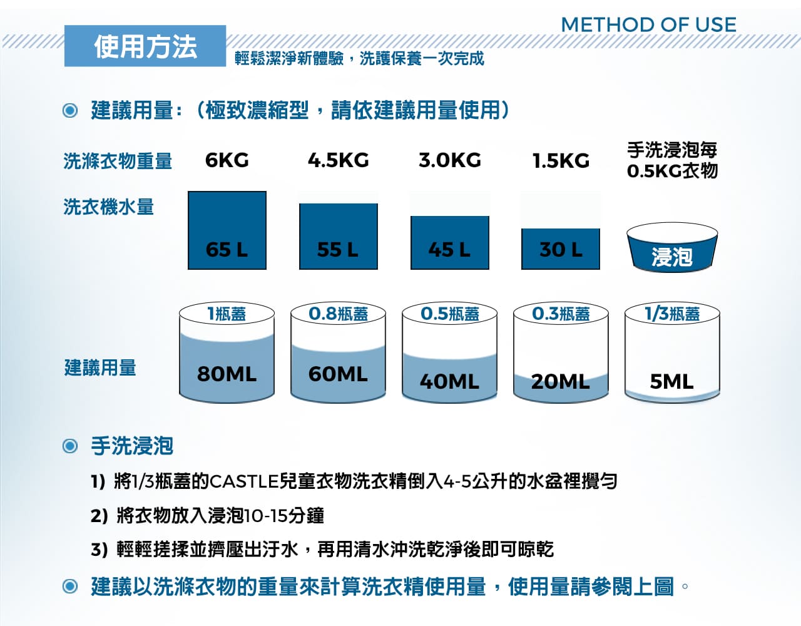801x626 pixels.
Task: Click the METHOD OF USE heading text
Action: (648, 24)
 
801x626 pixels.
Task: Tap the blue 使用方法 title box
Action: (145, 46)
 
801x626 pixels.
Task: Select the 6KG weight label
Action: (227, 160)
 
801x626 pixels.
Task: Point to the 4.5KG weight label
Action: (339, 160)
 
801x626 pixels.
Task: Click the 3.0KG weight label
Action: (450, 160)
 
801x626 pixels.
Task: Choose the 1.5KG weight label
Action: (561, 161)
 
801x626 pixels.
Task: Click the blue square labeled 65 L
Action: (227, 230)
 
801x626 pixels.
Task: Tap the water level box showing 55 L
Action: (339, 237)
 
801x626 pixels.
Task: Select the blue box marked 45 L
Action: (450, 243)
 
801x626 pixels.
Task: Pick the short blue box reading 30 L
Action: (561, 249)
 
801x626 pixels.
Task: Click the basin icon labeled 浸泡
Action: (672, 247)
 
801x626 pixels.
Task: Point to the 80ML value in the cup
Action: (227, 374)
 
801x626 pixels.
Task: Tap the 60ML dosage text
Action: (338, 374)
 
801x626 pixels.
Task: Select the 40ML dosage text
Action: (449, 381)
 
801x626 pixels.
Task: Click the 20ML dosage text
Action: (560, 381)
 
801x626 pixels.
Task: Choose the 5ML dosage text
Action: (671, 381)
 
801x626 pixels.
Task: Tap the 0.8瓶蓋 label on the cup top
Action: (338, 314)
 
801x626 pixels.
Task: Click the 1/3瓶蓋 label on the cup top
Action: (672, 314)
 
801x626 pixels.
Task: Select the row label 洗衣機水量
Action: (108, 207)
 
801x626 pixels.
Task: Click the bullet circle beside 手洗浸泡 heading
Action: (70, 446)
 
